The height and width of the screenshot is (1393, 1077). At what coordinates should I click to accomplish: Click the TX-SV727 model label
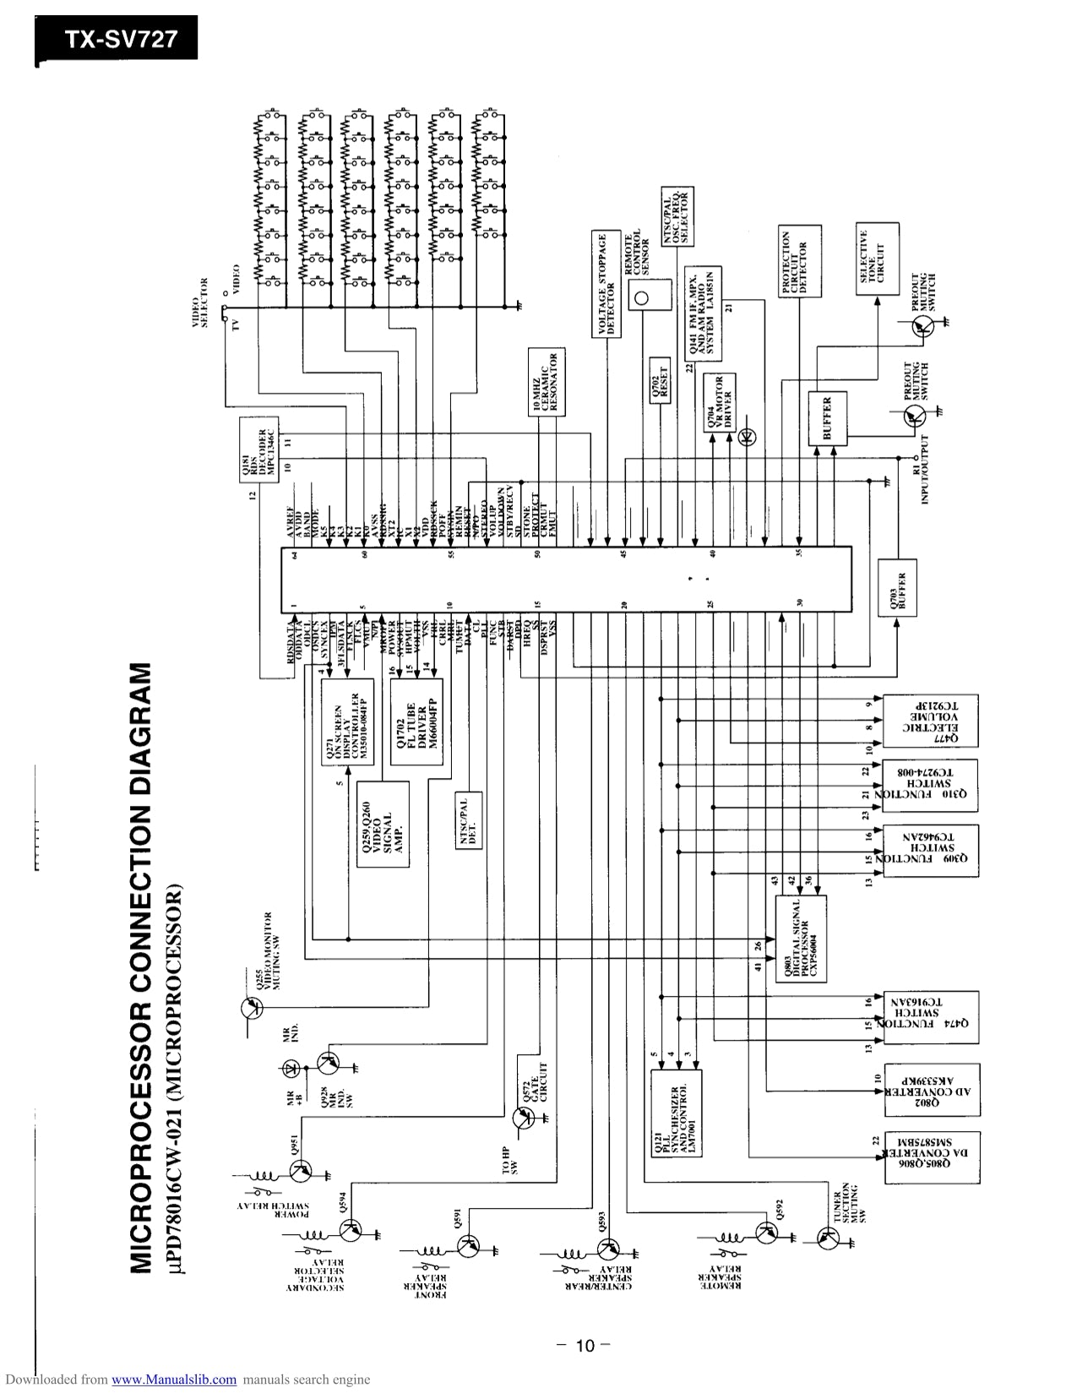coord(117,38)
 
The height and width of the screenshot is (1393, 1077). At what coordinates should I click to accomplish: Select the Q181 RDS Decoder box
coord(259,449)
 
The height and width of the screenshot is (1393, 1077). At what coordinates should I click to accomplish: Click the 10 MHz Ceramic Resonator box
coord(544,382)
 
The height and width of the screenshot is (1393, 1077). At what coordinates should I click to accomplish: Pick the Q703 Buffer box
coord(898,589)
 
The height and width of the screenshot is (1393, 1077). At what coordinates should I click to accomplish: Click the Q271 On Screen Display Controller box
coord(346,722)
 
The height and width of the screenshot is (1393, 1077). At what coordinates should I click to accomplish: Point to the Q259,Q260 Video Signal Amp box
coord(382,824)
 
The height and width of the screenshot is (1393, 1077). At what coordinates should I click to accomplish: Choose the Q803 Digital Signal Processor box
coord(801,938)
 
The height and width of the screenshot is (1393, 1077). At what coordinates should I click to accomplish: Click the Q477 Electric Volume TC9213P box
coord(930,721)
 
